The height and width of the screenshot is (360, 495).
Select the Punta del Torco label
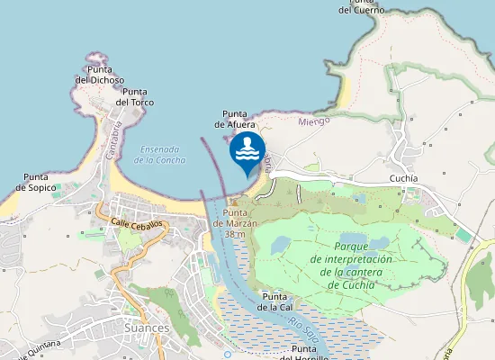pyautogui.click(x=135, y=97)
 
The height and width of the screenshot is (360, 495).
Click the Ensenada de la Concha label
pyautogui.click(x=160, y=154)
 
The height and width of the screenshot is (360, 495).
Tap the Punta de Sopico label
pyautogui.click(x=36, y=183)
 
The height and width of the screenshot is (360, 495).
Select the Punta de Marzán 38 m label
pyautogui.click(x=235, y=223)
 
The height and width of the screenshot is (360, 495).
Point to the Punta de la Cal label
pyautogui.click(x=274, y=301)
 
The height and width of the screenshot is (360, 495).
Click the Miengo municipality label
pyautogui.click(x=313, y=121)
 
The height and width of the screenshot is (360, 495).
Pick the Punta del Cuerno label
pyautogui.click(x=362, y=5)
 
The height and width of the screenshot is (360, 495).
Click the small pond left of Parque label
pyautogui.click(x=281, y=244)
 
